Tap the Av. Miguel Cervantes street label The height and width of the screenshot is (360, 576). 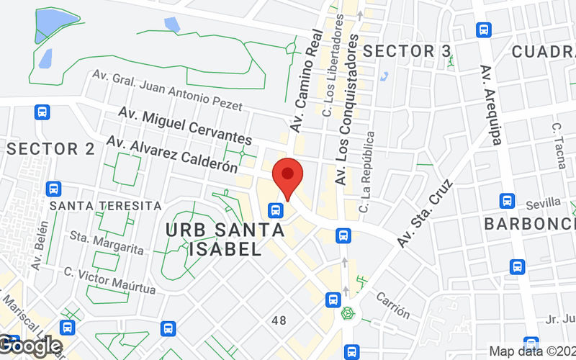point(185,127)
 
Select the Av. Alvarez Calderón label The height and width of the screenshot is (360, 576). point(172,155)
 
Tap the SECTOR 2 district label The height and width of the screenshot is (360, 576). point(51,149)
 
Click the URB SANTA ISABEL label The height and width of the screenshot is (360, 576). point(225,240)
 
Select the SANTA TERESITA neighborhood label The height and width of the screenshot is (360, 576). point(105,206)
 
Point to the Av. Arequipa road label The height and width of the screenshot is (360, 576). point(490,105)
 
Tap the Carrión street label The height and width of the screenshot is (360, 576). point(392,307)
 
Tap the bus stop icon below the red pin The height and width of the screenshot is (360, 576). point(275,210)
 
